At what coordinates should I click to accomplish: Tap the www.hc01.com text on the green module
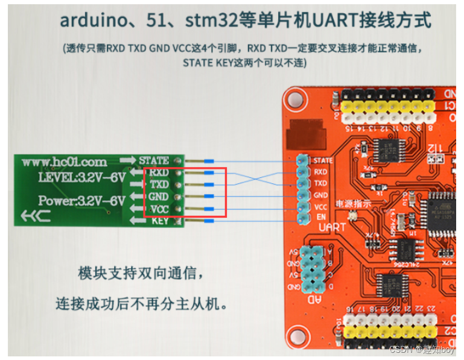coord(64,162)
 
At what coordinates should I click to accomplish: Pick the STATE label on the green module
coord(154,160)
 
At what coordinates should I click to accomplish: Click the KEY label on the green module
coord(159,221)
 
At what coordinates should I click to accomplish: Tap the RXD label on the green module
coord(159,172)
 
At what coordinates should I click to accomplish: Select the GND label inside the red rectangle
coord(159,197)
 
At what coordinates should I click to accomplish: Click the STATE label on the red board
coord(323,160)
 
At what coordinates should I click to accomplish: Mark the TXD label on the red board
coord(320,183)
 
